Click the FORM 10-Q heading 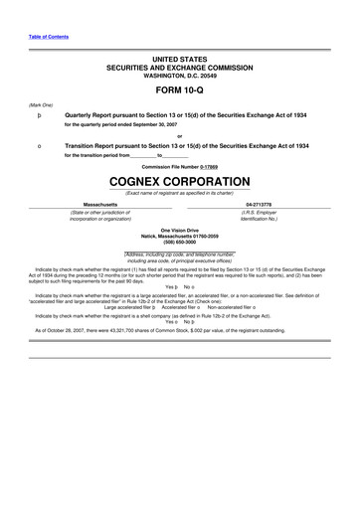click(179, 92)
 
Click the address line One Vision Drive click(179, 229)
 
